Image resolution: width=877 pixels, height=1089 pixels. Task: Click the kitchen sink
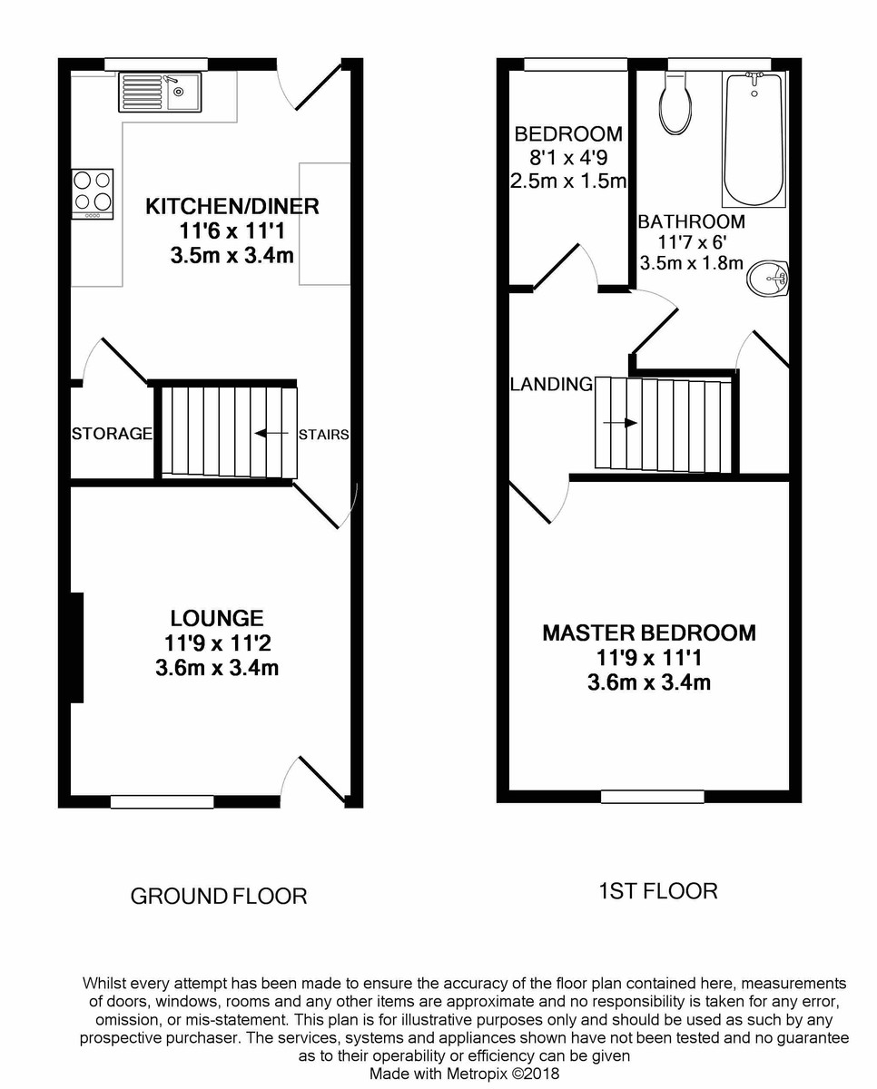point(160,92)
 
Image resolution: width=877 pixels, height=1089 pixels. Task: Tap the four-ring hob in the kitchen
point(93,193)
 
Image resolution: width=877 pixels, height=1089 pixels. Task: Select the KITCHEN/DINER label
point(232,206)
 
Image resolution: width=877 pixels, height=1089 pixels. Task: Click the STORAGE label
point(112,434)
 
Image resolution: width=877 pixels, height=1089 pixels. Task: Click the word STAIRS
point(323,435)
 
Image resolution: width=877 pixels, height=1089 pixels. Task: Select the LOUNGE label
point(217,618)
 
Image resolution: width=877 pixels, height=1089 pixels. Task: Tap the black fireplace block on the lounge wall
point(77,646)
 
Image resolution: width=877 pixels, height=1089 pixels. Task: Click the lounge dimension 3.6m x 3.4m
point(217,670)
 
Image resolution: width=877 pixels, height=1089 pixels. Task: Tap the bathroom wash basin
point(769,278)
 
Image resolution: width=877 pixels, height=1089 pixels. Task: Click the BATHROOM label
point(691,221)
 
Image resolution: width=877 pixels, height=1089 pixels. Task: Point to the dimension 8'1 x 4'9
point(568,157)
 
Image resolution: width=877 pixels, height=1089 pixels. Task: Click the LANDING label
point(551,384)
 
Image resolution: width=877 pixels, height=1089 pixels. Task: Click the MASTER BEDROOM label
point(648,633)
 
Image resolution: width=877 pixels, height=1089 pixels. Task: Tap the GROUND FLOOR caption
point(219,897)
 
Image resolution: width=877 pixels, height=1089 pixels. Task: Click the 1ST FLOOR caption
point(658,891)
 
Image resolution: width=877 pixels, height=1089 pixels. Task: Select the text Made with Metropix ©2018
point(464,1074)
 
